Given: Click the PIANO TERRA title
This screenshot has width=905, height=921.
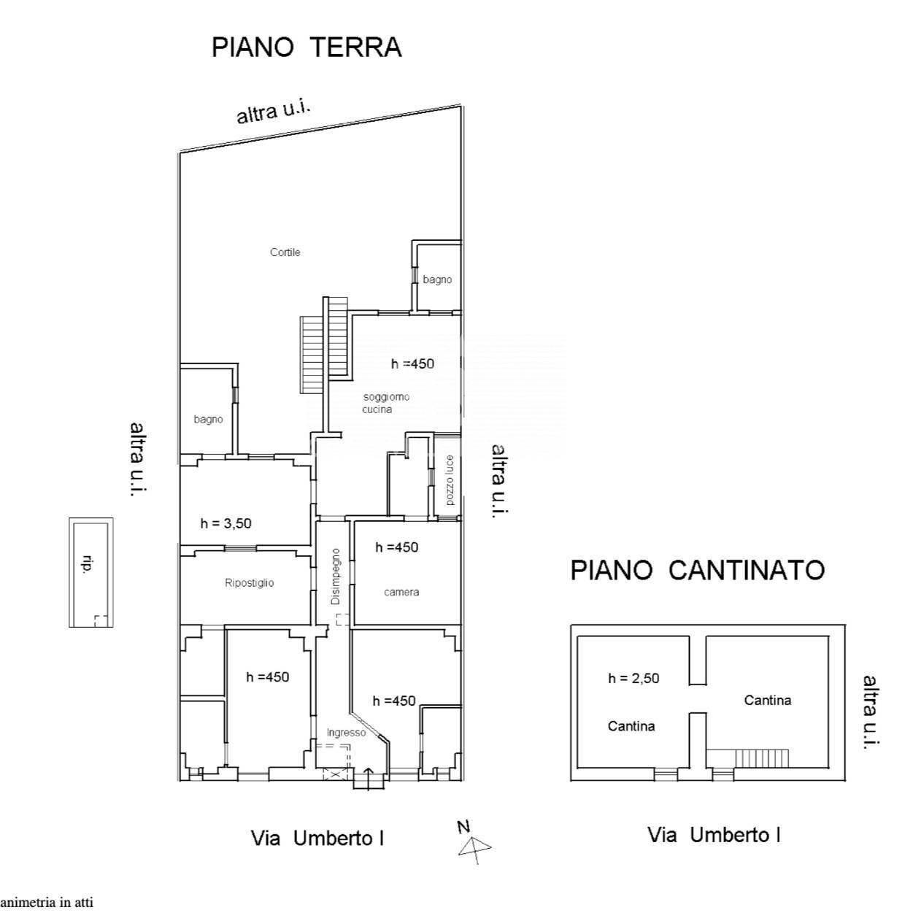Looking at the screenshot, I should coord(307,47).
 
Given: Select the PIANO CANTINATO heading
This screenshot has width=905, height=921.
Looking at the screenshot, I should coord(697,570).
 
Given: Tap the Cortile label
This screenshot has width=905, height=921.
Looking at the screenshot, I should coord(285,253).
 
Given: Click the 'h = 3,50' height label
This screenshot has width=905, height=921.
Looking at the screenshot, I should coord(226,523).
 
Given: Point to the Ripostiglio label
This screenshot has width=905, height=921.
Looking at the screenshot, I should coord(250,583).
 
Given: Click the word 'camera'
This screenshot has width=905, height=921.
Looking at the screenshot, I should coord(401,592).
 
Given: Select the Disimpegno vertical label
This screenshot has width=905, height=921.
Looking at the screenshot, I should coord(335,577).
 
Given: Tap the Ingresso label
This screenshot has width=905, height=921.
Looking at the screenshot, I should coord(346,733).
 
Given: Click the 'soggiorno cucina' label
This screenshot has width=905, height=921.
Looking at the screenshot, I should coord(386,403).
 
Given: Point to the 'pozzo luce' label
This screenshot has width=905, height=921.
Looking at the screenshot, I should coord(449,481).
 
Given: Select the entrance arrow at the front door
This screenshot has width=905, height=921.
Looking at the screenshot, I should coord(368,778).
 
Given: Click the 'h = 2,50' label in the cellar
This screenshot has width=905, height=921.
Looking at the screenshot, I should coord(633,678).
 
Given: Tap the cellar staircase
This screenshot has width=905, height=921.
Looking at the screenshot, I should coord(761,758).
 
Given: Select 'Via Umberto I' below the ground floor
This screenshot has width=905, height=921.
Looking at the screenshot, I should coord(317,839).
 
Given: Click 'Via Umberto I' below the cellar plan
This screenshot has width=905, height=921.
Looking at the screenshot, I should coord(714,835).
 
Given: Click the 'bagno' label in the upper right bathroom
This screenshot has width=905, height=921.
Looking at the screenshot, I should coord(437,280).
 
